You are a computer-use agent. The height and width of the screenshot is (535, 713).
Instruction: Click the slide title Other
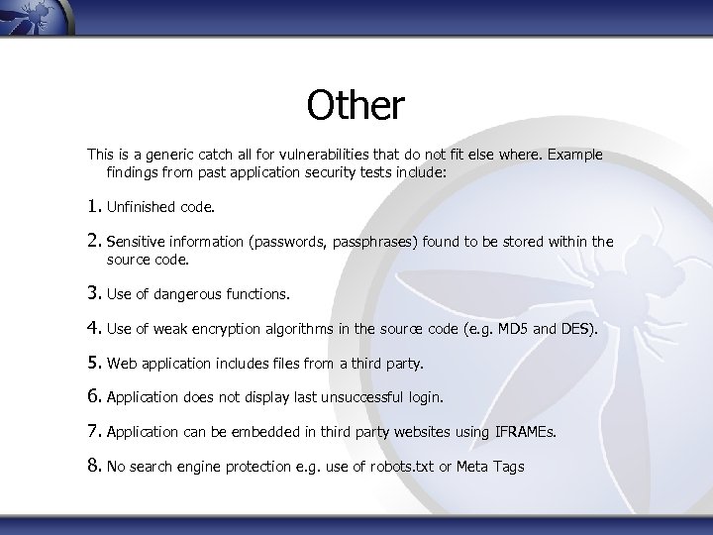(x=356, y=106)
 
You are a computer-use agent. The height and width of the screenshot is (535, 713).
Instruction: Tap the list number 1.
(x=93, y=207)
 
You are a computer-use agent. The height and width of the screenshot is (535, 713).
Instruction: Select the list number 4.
(x=93, y=327)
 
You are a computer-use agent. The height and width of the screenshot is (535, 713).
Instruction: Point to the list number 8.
(x=93, y=465)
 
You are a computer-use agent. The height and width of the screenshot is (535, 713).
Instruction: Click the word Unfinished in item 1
(x=142, y=208)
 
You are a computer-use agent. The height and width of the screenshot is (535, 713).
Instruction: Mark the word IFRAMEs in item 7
(x=527, y=432)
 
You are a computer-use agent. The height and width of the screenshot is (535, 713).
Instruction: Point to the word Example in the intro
(x=573, y=156)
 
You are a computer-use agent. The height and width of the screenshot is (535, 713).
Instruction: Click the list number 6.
(x=93, y=396)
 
